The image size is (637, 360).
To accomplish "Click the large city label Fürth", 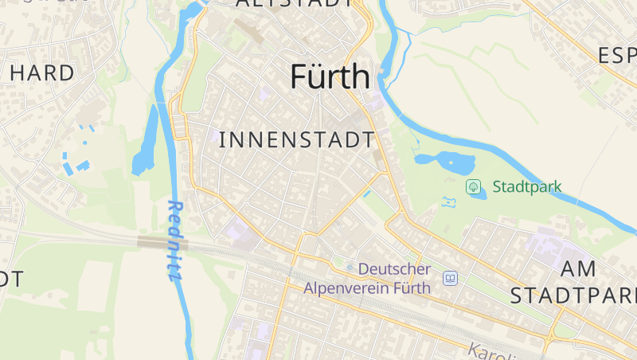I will [330, 76].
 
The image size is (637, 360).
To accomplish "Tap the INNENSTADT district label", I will [296, 140].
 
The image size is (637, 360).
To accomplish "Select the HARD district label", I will [42, 72].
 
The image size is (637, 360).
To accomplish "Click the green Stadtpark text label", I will [527, 188].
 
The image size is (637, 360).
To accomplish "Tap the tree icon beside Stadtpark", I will [474, 187].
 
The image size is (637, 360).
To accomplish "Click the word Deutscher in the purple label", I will [394, 269].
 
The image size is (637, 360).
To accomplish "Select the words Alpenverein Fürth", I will [367, 287].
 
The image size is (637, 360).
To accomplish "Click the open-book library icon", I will [451, 278].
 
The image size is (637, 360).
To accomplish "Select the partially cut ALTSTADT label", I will [294, 3].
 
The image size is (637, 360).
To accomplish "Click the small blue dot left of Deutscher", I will [350, 267].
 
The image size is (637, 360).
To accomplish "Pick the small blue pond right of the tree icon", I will [480, 194].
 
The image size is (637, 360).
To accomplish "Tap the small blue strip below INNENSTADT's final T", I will [366, 193].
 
